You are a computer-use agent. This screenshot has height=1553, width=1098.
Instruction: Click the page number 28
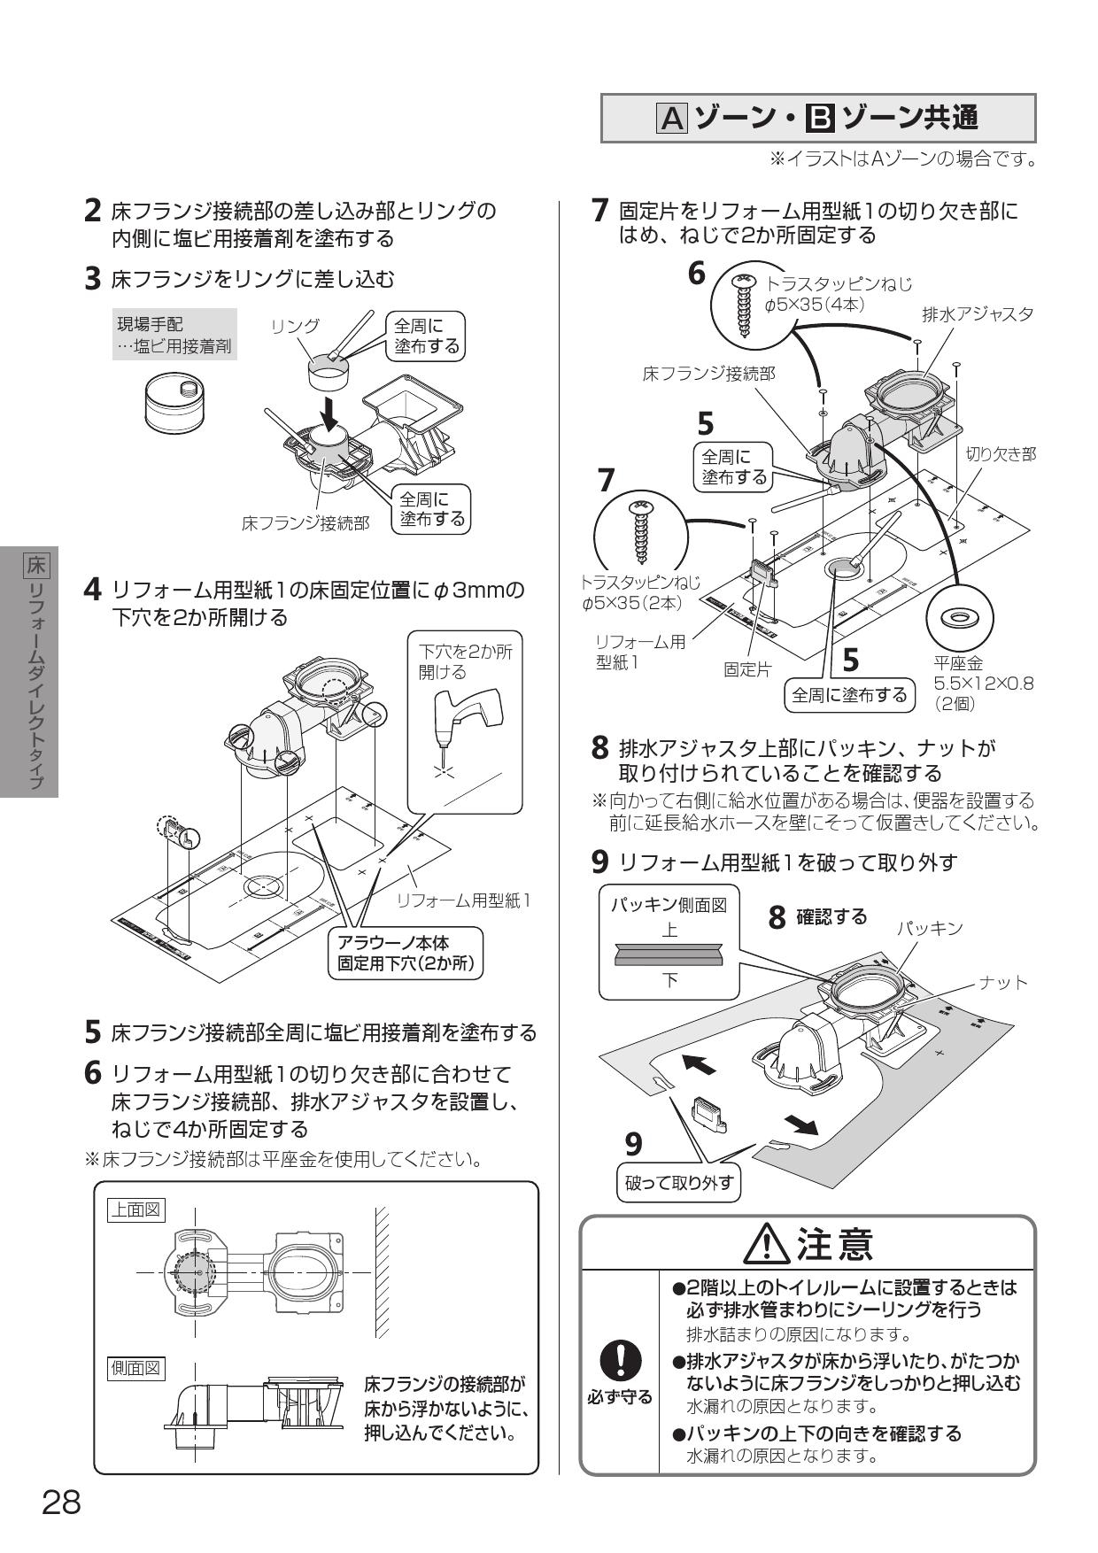(61, 1502)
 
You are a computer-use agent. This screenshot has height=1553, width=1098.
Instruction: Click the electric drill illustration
(465, 713)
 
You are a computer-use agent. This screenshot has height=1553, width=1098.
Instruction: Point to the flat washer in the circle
(960, 617)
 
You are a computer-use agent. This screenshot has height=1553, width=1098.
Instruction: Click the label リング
(295, 326)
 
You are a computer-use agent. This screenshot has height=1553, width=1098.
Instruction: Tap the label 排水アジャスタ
(978, 313)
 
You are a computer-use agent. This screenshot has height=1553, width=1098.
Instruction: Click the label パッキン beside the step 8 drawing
(929, 928)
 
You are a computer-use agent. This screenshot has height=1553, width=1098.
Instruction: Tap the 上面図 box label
(135, 1209)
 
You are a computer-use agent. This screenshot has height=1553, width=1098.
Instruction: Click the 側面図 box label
(135, 1368)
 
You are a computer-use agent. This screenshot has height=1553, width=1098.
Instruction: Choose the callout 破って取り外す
(679, 1182)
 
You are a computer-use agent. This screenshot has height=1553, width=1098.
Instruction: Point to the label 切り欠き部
(1001, 454)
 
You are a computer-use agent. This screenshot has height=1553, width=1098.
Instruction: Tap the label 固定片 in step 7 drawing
(746, 669)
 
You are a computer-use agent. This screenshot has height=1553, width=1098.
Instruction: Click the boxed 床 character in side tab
(36, 563)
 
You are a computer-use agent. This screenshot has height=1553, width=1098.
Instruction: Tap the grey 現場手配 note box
(175, 335)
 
